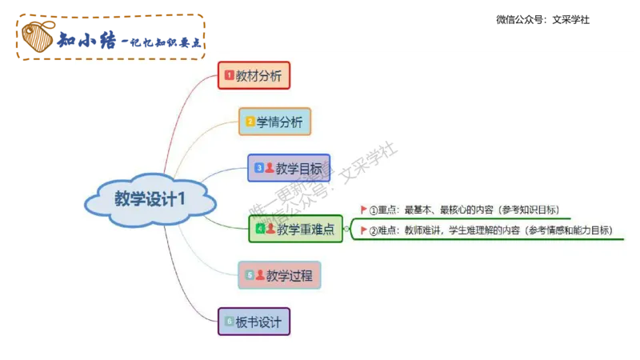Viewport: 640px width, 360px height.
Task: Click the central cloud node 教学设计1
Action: tap(150, 199)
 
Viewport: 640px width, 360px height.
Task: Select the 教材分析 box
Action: tap(254, 76)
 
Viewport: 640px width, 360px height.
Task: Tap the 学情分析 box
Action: tap(274, 122)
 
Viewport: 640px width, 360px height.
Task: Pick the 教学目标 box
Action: tap(289, 169)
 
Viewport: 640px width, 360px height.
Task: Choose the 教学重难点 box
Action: tap(296, 230)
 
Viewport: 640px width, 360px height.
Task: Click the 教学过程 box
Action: tap(279, 275)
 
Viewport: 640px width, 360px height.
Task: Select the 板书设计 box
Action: tap(254, 322)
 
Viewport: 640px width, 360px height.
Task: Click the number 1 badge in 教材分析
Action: tap(229, 76)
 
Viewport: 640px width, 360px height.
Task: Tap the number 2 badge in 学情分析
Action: tap(250, 122)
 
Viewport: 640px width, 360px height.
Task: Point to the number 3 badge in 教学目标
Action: tap(258, 169)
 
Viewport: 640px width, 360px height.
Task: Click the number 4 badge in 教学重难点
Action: tap(259, 230)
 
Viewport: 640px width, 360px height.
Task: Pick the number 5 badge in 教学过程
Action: tap(250, 275)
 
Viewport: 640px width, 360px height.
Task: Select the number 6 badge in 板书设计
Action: tap(229, 322)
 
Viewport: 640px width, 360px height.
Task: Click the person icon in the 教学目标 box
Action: tap(270, 168)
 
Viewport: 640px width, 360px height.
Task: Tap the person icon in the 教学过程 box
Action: tap(260, 274)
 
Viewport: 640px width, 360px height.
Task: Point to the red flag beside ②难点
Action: tap(363, 230)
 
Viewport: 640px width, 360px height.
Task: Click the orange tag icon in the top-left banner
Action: tap(36, 37)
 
